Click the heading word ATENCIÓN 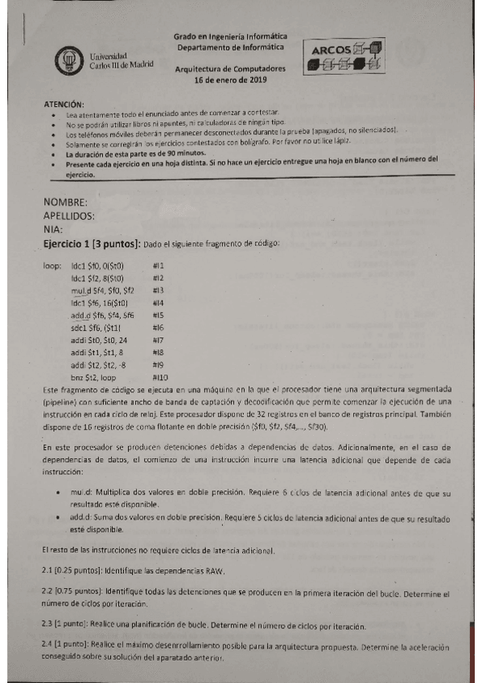(x=62, y=104)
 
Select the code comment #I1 (x=158, y=265)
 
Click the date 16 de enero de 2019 (x=229, y=81)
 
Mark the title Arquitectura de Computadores (x=229, y=69)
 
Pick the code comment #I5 (x=158, y=315)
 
